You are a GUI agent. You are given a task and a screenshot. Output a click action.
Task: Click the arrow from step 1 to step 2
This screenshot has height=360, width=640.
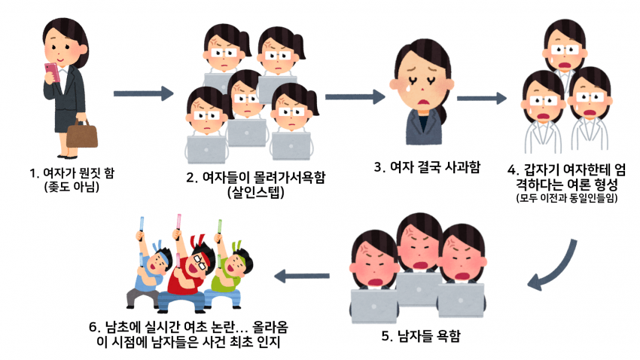pyautogui.click(x=143, y=94)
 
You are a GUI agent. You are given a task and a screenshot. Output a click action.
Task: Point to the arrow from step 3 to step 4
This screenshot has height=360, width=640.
pyautogui.click(x=481, y=98)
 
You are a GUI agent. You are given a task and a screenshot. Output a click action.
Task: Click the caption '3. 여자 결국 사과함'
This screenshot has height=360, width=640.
pyautogui.click(x=428, y=165)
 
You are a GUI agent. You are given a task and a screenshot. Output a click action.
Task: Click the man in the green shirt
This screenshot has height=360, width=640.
pyautogui.click(x=233, y=276)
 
